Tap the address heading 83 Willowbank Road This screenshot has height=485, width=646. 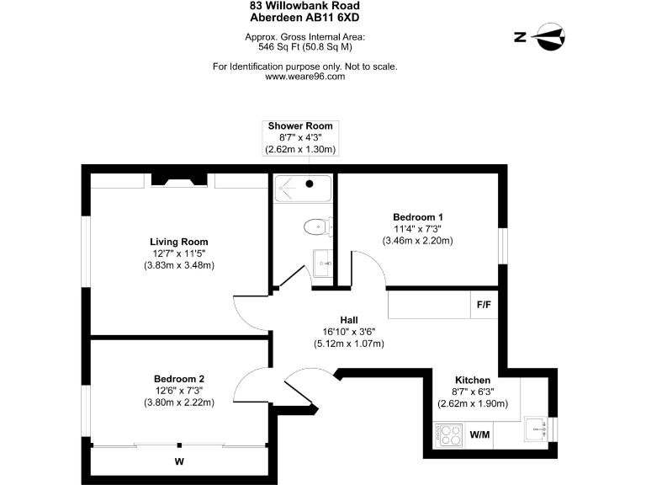(304, 5)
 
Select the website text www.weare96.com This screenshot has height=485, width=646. (304, 76)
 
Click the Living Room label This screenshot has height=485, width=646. (179, 242)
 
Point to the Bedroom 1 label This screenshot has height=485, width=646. (417, 216)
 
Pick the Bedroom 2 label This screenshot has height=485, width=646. (179, 378)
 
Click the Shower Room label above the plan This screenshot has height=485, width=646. (300, 125)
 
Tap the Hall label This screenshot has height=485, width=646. (349, 320)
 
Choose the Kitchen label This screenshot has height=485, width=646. (473, 380)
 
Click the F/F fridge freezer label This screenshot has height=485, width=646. (484, 305)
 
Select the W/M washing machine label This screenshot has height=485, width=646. (479, 435)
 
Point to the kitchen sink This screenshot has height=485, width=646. (535, 429)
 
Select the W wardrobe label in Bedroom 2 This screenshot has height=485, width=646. (179, 461)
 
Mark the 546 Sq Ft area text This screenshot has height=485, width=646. (304, 48)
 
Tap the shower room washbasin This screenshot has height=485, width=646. (322, 264)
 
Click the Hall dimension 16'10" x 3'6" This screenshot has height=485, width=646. (349, 332)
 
